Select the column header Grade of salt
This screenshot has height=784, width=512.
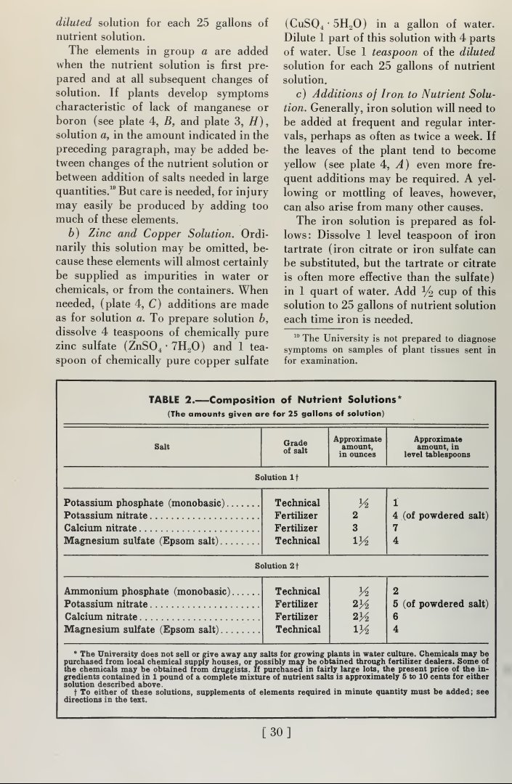click(x=294, y=445)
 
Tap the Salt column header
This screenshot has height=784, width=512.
click(x=162, y=446)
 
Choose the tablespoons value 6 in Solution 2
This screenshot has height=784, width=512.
click(x=396, y=616)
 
